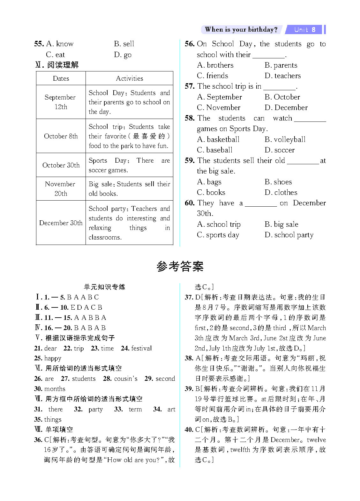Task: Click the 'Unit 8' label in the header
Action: pyautogui.click(x=305, y=30)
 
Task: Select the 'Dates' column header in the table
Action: pyautogui.click(x=61, y=78)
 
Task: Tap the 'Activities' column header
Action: pyautogui.click(x=129, y=78)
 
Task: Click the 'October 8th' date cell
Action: pyautogui.click(x=61, y=136)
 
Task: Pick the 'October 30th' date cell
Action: pyautogui.click(x=61, y=165)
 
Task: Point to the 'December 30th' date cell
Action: pyautogui.click(x=61, y=223)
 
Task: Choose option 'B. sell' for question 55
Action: pyautogui.click(x=124, y=44)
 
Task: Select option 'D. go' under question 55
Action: pyautogui.click(x=123, y=55)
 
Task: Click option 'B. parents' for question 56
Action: pyautogui.click(x=281, y=65)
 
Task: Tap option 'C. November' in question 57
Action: pyautogui.click(x=219, y=108)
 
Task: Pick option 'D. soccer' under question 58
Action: pyautogui.click(x=280, y=150)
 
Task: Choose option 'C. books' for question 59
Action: pyautogui.click(x=211, y=193)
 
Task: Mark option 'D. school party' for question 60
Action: pyautogui.click(x=289, y=235)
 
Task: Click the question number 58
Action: pyautogui.click(x=190, y=118)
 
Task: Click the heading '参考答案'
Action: pyautogui.click(x=180, y=266)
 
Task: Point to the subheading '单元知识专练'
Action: pyautogui.click(x=105, y=287)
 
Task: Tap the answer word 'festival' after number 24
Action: pyautogui.click(x=141, y=348)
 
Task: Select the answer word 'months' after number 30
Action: pyautogui.click(x=55, y=389)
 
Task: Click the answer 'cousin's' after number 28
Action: pyautogui.click(x=126, y=379)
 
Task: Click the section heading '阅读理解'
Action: pyautogui.click(x=63, y=65)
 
